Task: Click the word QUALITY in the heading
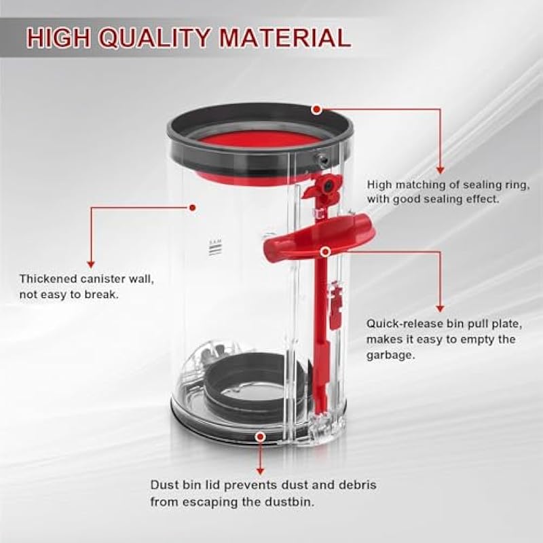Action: point(155,37)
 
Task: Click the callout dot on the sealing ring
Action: point(316,110)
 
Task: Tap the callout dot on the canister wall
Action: point(193,208)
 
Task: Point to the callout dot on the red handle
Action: point(325,252)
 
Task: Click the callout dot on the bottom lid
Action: point(260,437)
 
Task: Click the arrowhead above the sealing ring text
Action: point(440,170)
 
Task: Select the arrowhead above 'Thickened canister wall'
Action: point(91,264)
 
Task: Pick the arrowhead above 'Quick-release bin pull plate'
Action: point(440,309)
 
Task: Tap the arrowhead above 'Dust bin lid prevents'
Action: point(261,471)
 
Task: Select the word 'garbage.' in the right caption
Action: point(390,355)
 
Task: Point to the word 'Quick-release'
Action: point(403,324)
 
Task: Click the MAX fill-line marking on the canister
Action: point(215,247)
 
